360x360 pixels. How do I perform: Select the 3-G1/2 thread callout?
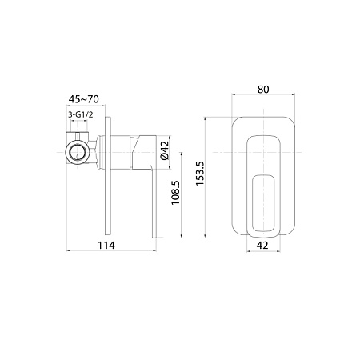pos(80,115)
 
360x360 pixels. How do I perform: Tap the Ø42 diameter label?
pos(164,150)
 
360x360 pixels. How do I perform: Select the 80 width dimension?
pos(264,90)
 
